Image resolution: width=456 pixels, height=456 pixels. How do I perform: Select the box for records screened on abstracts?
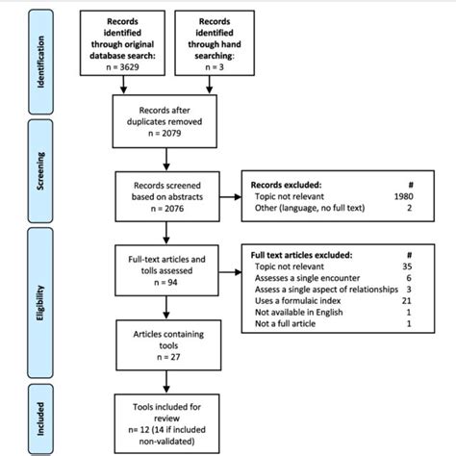[x=167, y=197]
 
